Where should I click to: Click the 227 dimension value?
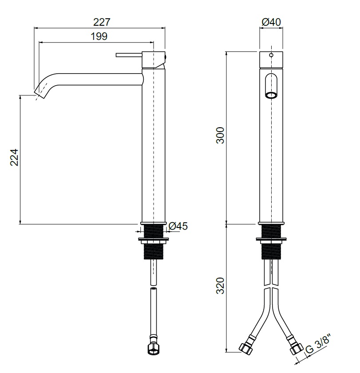pyautogui.click(x=102, y=22)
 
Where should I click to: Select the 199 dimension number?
pyautogui.click(x=99, y=36)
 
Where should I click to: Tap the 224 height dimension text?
pyautogui.click(x=14, y=157)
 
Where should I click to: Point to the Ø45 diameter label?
pyautogui.click(x=178, y=226)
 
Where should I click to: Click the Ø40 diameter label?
pyautogui.click(x=271, y=22)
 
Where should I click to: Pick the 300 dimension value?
pyautogui.click(x=220, y=135)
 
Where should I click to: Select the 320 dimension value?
pyautogui.click(x=220, y=286)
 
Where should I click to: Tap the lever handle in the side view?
pyautogui.click(x=129, y=55)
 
